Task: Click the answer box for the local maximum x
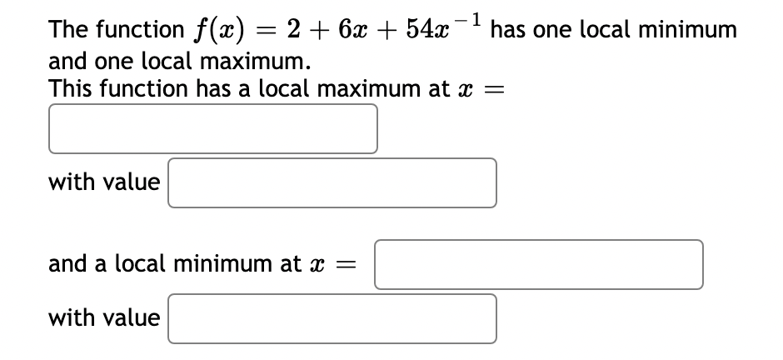point(212,128)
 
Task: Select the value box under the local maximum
point(332,182)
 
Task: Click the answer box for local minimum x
point(538,264)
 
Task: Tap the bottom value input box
point(332,318)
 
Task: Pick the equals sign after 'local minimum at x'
point(347,265)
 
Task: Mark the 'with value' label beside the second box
point(104,182)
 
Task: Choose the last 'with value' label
point(104,317)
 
